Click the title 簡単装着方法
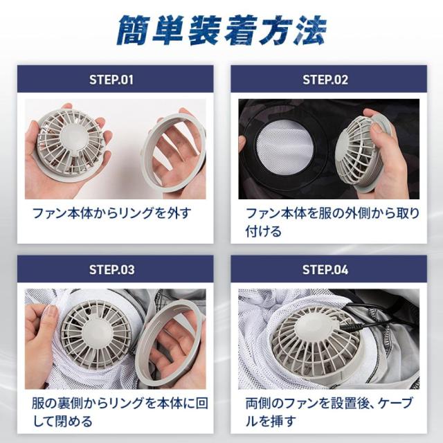pyautogui.click(x=221, y=30)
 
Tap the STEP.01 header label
pyautogui.click(x=111, y=80)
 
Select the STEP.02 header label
pyautogui.click(x=325, y=80)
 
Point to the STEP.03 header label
pyautogui.click(x=112, y=270)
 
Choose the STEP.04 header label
pyautogui.click(x=325, y=270)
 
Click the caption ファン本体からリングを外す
pyautogui.click(x=112, y=213)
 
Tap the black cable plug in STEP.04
pyautogui.click(x=351, y=327)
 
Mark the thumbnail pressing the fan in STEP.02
pyautogui.click(x=377, y=127)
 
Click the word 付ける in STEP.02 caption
pyautogui.click(x=263, y=231)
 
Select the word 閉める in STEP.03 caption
pyautogui.click(x=74, y=422)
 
